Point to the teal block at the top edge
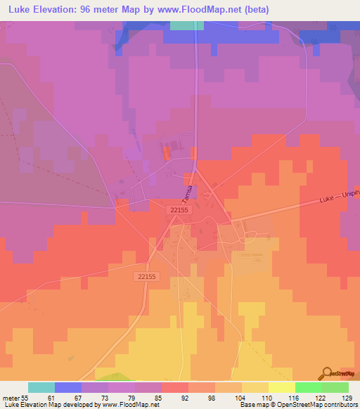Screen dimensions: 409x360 coord(186,25)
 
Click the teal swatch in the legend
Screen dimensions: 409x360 coord(41,387)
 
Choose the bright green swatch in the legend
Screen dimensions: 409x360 coord(308,387)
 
